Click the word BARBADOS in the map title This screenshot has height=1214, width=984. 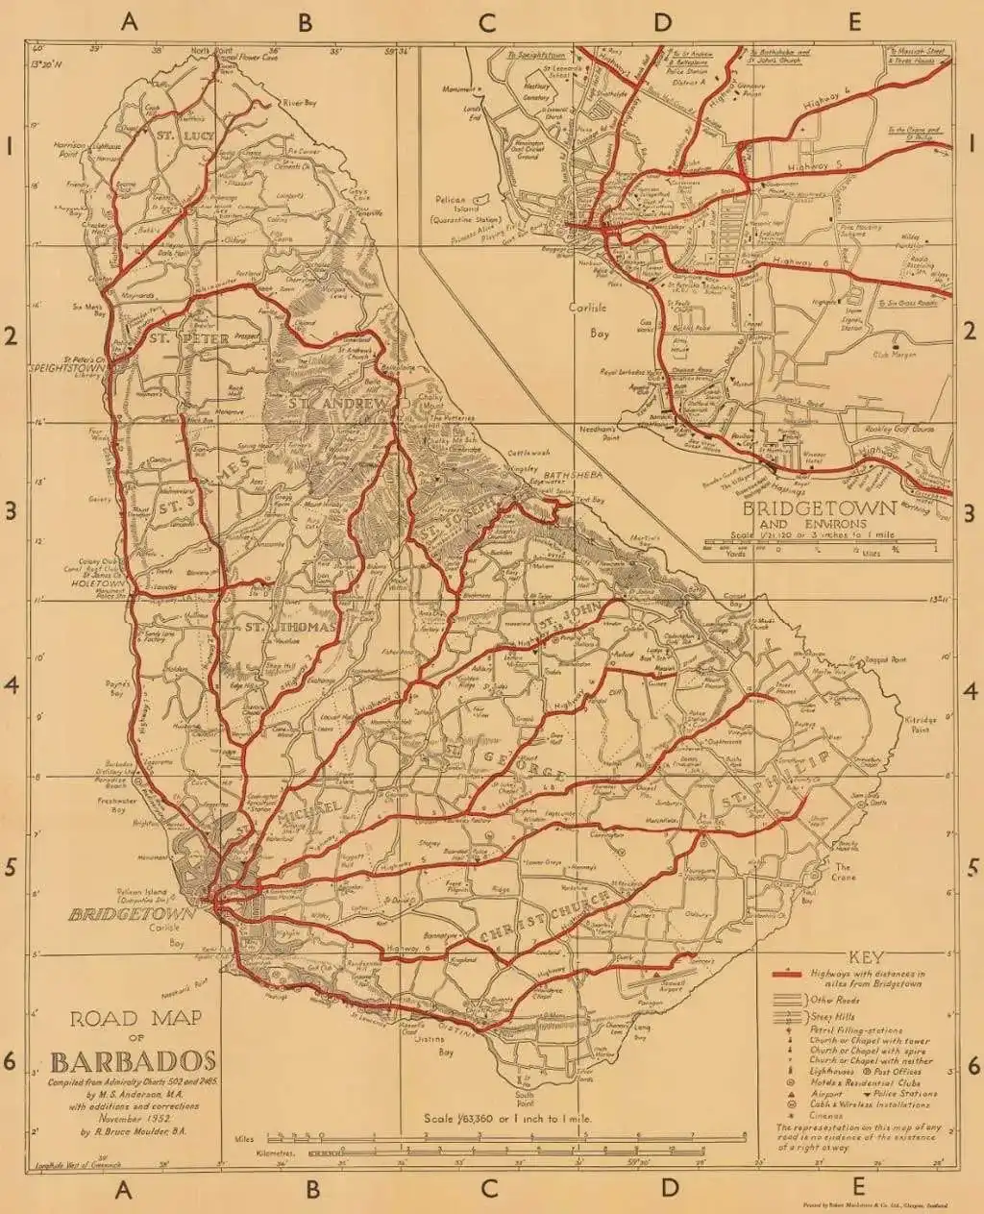[x=133, y=1062]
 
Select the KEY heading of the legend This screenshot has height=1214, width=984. [x=867, y=956]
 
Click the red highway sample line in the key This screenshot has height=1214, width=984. [x=788, y=975]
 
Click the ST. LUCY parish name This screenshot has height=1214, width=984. [x=179, y=136]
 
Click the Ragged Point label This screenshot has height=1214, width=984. [x=885, y=660]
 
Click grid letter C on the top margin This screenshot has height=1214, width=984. [x=489, y=22]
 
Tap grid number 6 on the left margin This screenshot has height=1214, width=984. [x=11, y=1064]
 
